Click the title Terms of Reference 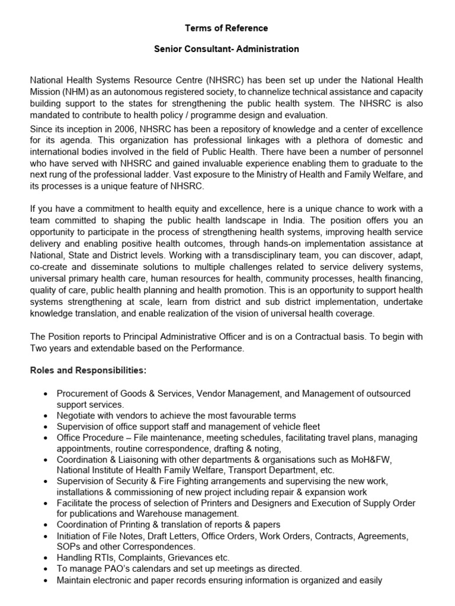[226, 28]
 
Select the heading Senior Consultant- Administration [226, 49]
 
